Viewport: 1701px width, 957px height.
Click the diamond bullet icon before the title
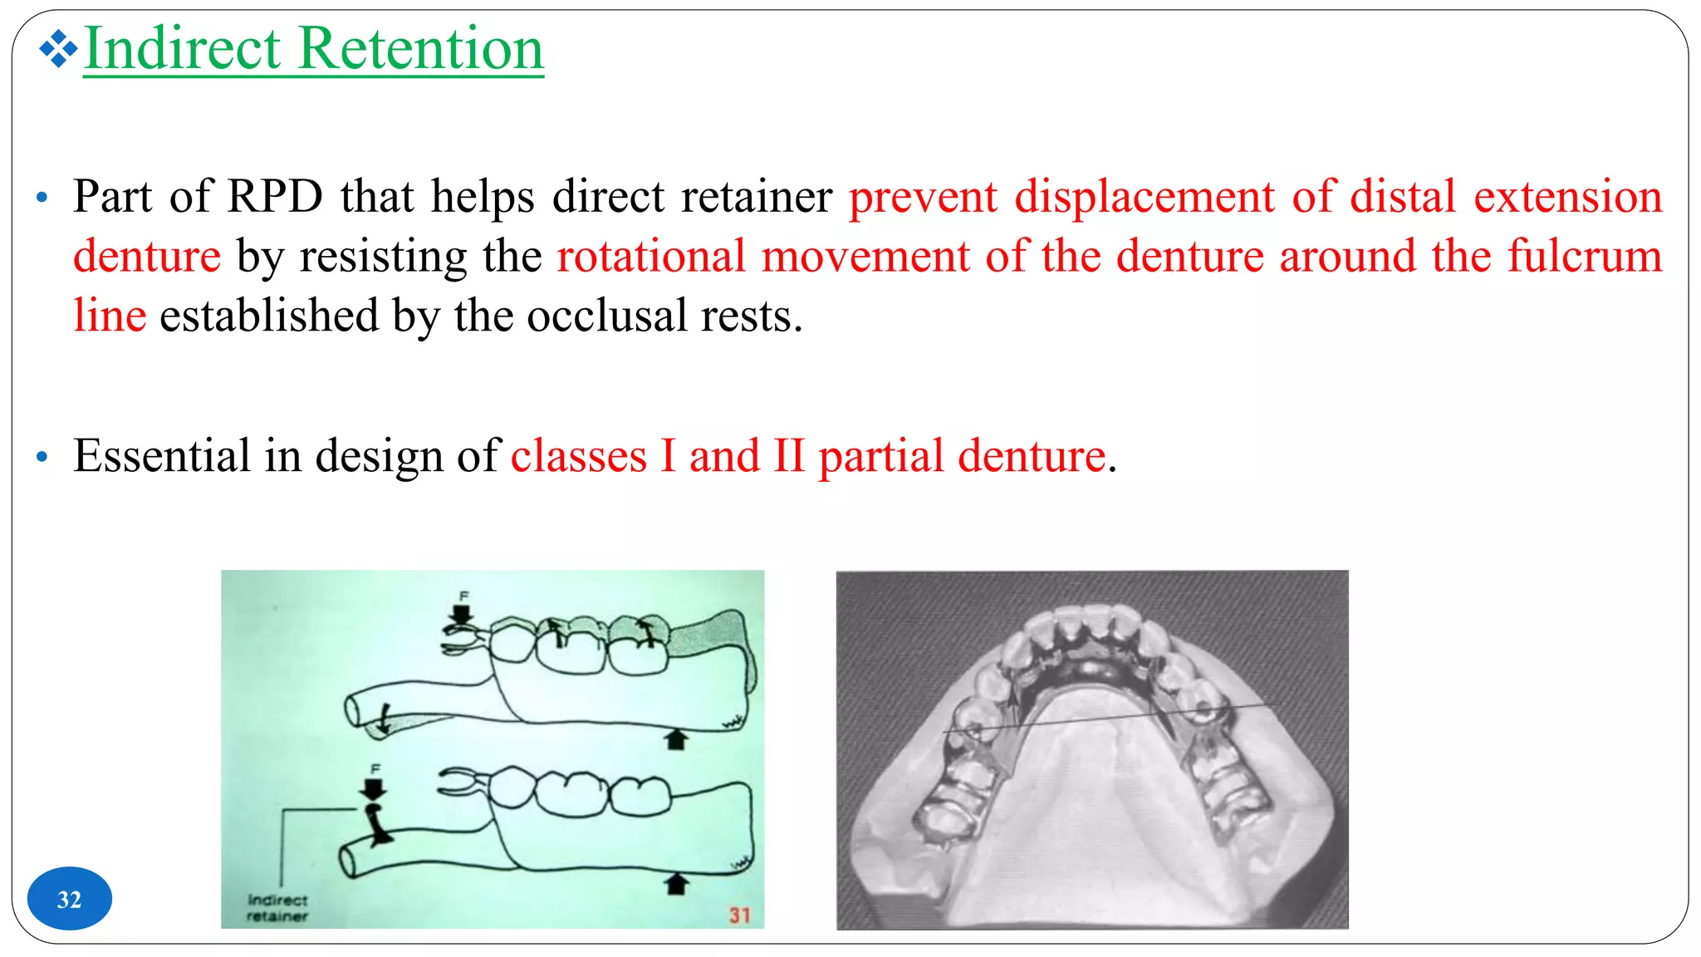click(x=57, y=49)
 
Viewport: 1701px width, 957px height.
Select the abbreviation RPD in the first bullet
click(x=274, y=197)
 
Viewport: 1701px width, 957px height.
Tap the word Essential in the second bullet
click(x=161, y=456)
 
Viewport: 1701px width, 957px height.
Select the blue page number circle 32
click(x=69, y=899)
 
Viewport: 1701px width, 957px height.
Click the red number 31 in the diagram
click(x=739, y=915)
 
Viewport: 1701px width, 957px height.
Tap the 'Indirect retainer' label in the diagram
click(x=277, y=908)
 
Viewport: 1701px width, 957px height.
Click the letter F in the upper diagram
click(x=464, y=596)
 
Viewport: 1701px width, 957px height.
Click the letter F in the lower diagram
click(x=375, y=768)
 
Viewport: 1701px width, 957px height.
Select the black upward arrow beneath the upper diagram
click(x=676, y=739)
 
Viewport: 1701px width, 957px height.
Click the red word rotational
click(x=650, y=256)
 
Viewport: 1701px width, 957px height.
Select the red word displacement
click(x=1144, y=197)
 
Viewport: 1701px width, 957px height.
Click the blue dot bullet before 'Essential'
click(x=42, y=457)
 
